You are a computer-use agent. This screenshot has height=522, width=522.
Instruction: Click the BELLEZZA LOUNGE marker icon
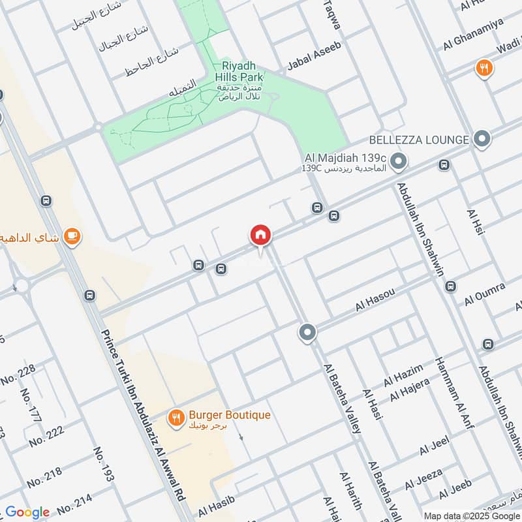[x=482, y=139]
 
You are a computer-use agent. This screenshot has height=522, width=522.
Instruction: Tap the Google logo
[x=27, y=512]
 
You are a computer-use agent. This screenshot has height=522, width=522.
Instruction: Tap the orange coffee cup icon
[x=72, y=237]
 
